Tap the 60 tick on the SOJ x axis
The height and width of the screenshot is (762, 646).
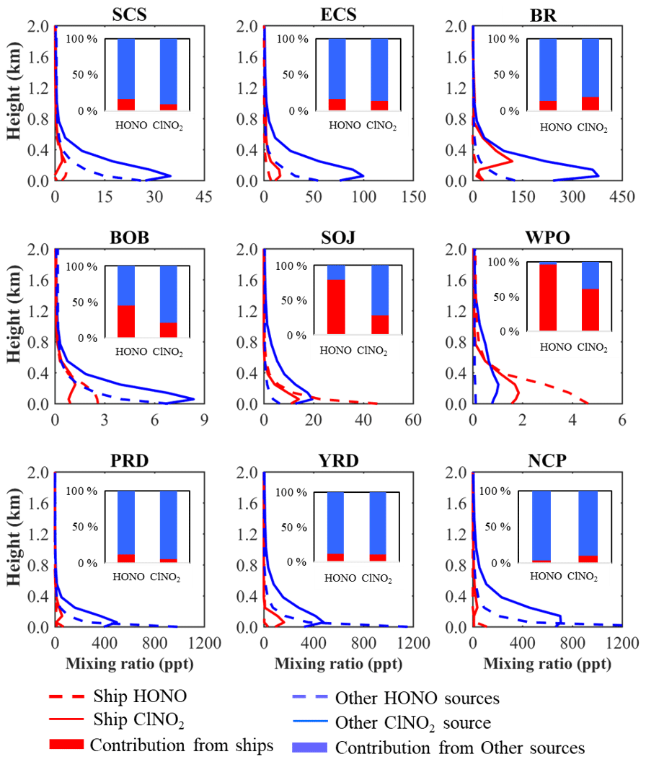[x=412, y=419]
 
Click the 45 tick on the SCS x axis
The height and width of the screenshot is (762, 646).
[x=204, y=196]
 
